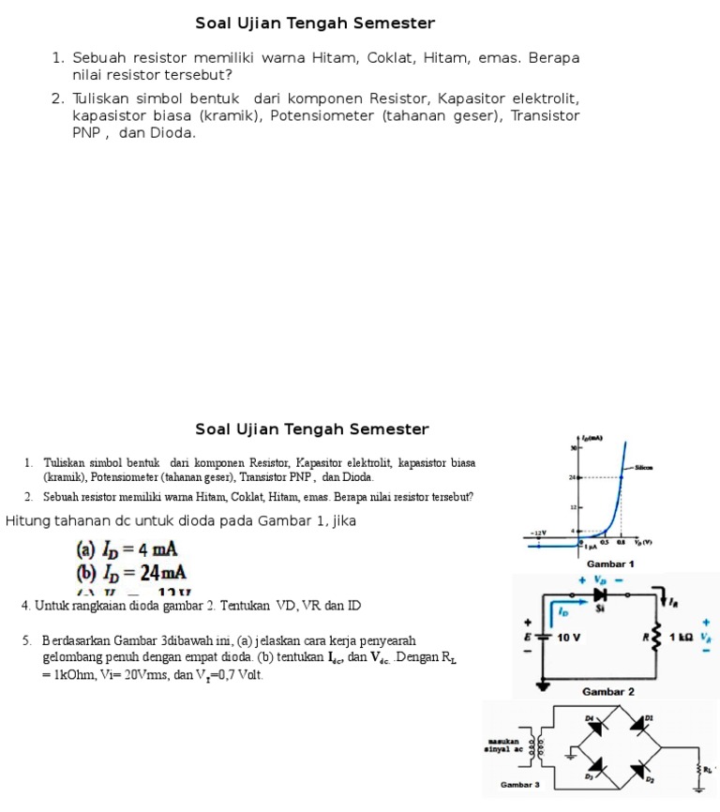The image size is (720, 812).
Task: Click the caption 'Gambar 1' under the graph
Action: (610, 564)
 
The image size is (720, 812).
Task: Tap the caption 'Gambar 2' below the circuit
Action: (608, 691)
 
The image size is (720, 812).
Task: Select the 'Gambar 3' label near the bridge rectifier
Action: (520, 784)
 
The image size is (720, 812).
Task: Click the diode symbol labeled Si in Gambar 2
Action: (601, 594)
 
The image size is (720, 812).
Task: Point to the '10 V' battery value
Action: (570, 637)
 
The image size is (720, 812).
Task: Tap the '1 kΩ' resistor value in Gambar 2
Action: (681, 637)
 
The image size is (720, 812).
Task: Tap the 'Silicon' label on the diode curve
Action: (643, 466)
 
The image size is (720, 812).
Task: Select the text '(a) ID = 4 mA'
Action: (127, 549)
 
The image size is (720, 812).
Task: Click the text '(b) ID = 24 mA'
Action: (131, 572)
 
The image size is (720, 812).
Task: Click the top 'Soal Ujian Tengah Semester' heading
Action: (315, 23)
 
